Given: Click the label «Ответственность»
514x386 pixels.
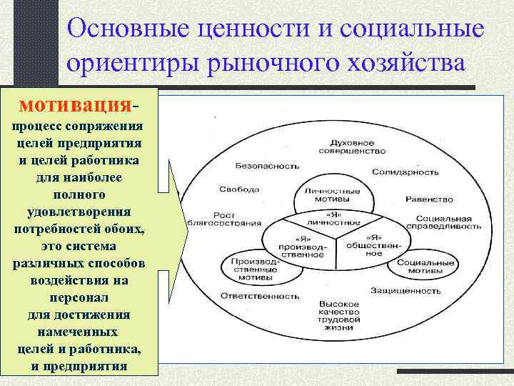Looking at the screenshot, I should [256, 295].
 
